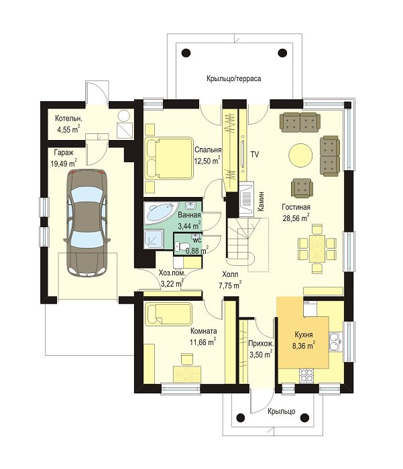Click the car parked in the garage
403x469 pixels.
[x=86, y=223]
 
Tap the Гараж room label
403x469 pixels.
[x=64, y=153]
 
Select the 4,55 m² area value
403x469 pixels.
[x=68, y=129]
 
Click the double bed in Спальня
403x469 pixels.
[x=169, y=158]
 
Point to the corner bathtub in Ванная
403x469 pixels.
[x=160, y=213]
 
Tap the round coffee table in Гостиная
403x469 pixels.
[x=300, y=155]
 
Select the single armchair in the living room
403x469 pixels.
[x=302, y=188]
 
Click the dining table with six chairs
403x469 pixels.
[x=317, y=249]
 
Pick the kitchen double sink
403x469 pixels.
[x=335, y=342]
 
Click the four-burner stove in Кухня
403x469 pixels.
[x=306, y=376]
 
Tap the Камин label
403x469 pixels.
[x=261, y=202]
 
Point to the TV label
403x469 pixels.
[x=255, y=155]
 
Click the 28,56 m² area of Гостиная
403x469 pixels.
[x=296, y=218]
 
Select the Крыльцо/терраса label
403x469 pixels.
[x=233, y=78]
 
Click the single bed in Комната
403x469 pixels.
[x=168, y=314]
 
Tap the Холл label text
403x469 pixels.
[x=230, y=274]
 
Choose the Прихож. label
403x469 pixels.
[x=261, y=344]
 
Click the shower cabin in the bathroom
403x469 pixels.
[x=154, y=239]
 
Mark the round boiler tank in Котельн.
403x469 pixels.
[x=123, y=116]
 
